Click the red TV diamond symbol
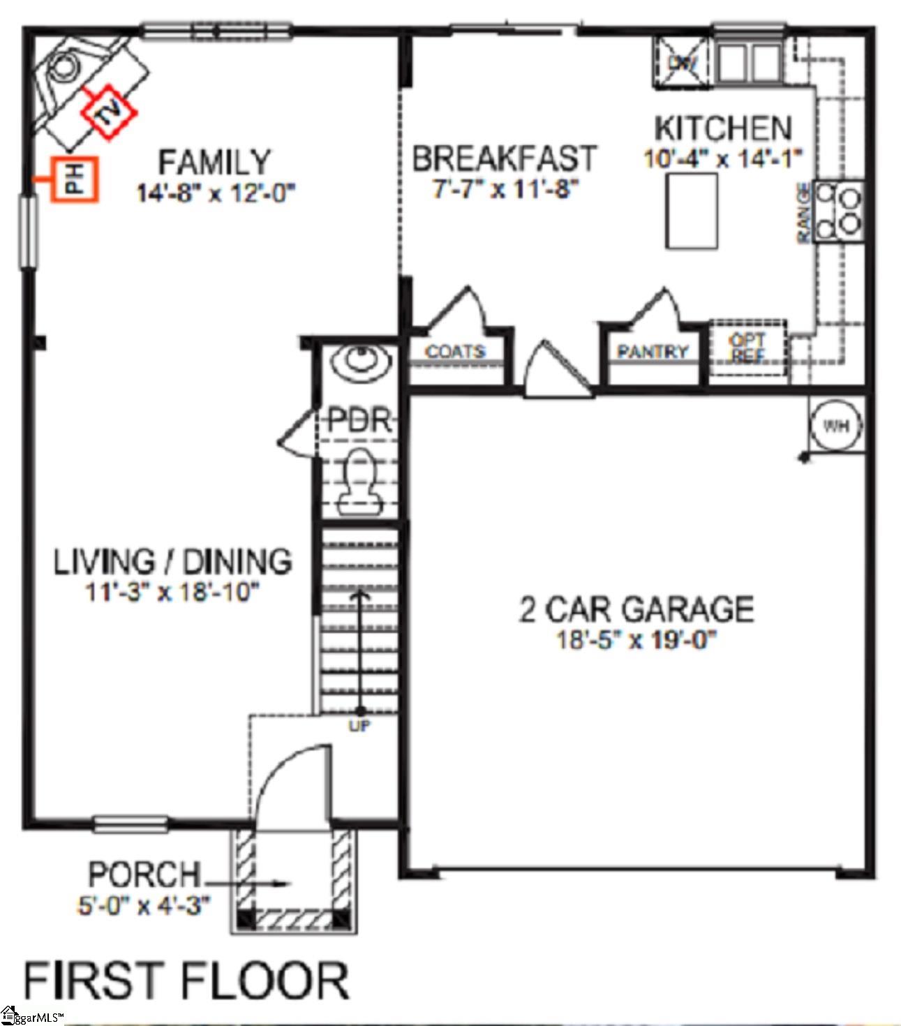coord(108,112)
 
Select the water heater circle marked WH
coord(836,425)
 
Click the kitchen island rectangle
coord(692,211)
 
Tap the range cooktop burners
coord(840,207)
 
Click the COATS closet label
coord(455,351)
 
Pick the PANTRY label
coord(653,351)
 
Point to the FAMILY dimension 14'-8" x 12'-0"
coord(216,192)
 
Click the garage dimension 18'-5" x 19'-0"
coord(636,639)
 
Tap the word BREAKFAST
coord(504,158)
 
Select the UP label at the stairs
coord(360,727)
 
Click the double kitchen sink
coord(746,63)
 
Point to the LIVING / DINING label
coord(173,561)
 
